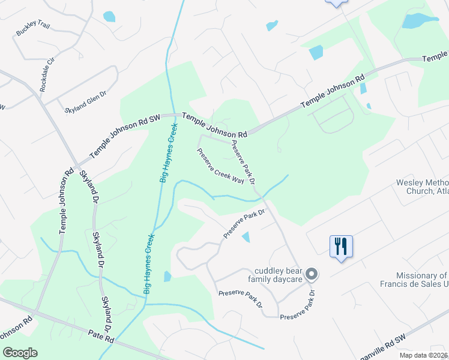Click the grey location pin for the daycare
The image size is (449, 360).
[311, 274]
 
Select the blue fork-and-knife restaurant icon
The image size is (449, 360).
[341, 246]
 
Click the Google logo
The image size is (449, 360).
[19, 353]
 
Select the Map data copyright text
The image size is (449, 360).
[423, 355]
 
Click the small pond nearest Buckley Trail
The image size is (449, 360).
[109, 17]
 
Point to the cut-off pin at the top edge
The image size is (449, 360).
[336, 3]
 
